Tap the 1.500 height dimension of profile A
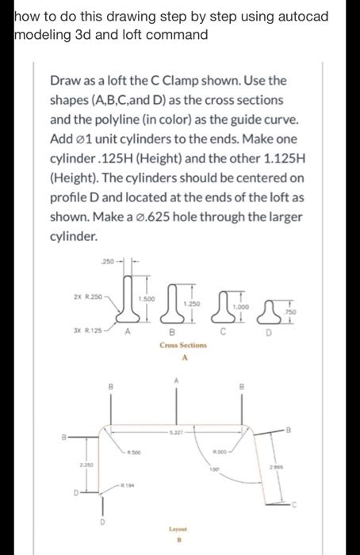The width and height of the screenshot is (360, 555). click(x=146, y=298)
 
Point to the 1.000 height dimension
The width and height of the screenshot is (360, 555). click(x=233, y=308)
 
